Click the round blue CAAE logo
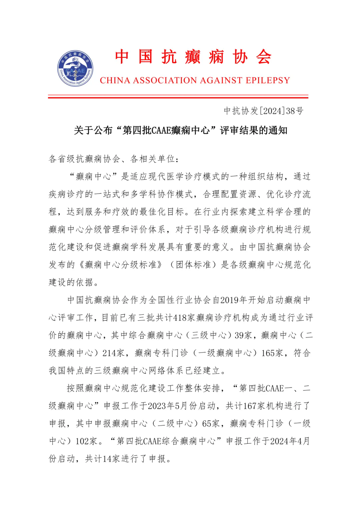point(75,68)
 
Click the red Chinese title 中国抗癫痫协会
point(193,57)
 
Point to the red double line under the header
point(178,97)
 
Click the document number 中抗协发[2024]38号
point(263,111)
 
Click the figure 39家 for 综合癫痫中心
point(243,335)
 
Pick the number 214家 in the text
point(113,353)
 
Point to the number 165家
point(272,353)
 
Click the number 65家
point(211,424)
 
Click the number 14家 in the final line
point(111,459)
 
